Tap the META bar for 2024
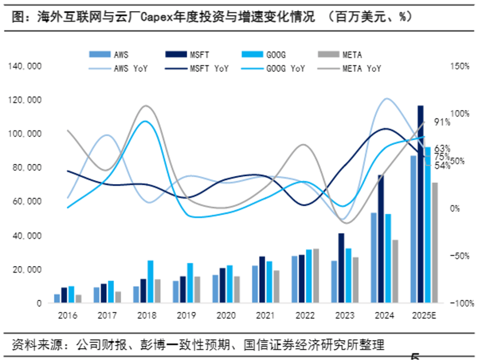pos(395,272)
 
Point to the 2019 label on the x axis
pos(186,316)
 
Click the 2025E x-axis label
pos(424,316)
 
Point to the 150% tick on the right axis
pos(460,66)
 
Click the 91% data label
pos(442,123)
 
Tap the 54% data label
pos(442,166)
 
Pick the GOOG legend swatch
pos(253,55)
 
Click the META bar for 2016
pos(78,299)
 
